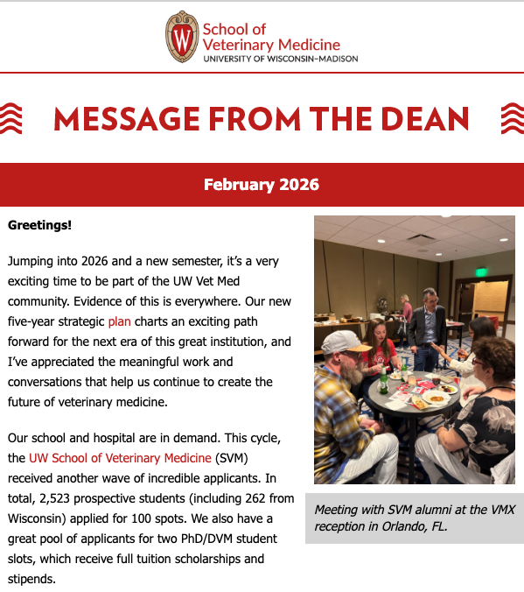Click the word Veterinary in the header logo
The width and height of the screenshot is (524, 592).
point(236,45)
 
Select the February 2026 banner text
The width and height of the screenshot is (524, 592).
point(262,185)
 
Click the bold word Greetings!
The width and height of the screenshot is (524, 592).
point(39,225)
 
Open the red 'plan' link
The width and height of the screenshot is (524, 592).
point(119,321)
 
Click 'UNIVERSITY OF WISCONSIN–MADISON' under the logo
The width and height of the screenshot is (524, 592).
point(279,59)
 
